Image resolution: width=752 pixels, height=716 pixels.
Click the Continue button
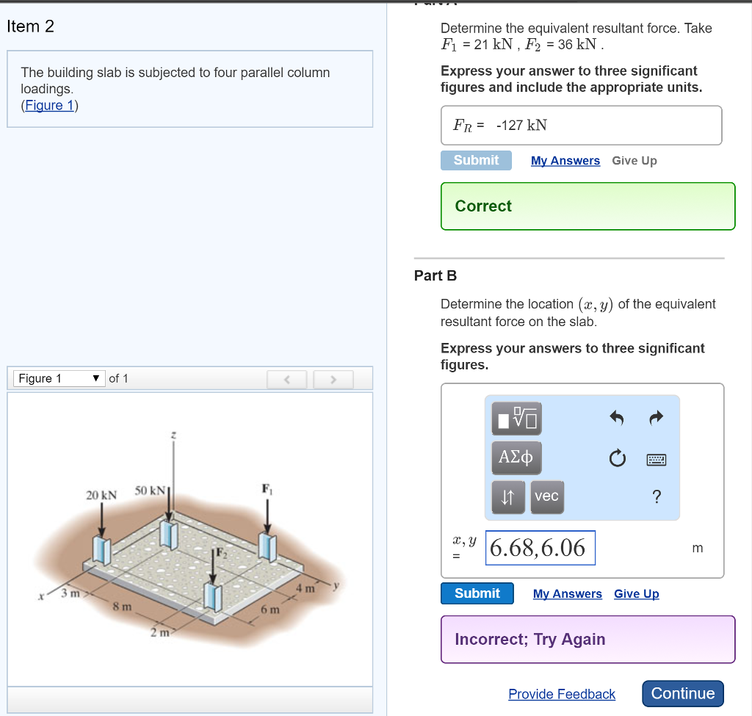click(x=683, y=693)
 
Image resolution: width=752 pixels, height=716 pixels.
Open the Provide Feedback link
click(x=562, y=694)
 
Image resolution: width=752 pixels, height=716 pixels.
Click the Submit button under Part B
click(x=477, y=593)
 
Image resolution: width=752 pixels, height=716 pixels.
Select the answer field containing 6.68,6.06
click(x=540, y=548)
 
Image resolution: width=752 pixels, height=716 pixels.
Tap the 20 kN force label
click(x=101, y=496)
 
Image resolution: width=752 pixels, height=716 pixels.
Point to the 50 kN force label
click(x=151, y=490)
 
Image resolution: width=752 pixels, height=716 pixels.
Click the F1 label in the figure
click(x=266, y=488)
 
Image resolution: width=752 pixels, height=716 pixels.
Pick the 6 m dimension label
click(x=270, y=610)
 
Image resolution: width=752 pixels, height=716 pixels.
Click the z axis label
click(x=173, y=435)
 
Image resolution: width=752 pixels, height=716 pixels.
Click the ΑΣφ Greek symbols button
click(x=516, y=458)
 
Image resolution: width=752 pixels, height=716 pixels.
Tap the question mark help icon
click(x=657, y=497)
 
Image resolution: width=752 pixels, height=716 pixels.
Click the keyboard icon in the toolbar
click(x=657, y=460)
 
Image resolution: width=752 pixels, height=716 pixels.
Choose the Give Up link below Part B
click(x=636, y=593)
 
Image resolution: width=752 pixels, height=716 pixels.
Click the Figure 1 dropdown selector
click(x=59, y=378)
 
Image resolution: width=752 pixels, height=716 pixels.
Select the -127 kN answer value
click(x=521, y=126)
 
